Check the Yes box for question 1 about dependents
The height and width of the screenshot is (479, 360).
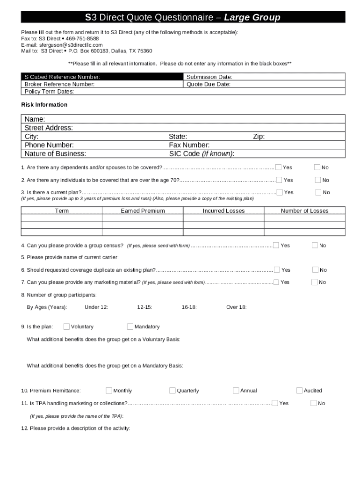click(279, 167)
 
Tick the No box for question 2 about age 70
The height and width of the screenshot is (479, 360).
click(318, 180)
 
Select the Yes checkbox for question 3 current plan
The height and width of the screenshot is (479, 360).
click(280, 192)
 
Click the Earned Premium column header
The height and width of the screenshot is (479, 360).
click(143, 211)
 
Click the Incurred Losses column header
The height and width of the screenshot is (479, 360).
click(223, 211)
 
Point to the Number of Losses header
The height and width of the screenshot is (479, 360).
click(304, 211)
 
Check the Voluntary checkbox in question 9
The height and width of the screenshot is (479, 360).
click(66, 327)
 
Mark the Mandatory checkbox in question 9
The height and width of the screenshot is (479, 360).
click(130, 327)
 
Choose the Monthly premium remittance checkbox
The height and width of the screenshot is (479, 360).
click(109, 391)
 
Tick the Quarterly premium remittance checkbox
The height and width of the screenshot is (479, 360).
click(173, 391)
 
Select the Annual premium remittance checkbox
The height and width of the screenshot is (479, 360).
click(236, 391)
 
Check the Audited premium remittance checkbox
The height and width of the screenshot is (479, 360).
click(300, 391)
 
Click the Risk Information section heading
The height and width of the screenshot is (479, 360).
click(44, 105)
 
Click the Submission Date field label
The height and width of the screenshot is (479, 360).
click(209, 77)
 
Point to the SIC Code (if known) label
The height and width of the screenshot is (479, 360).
click(202, 154)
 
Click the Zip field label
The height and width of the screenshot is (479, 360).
click(259, 137)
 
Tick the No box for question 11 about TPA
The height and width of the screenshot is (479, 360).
click(314, 403)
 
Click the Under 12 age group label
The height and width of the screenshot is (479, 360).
click(96, 307)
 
